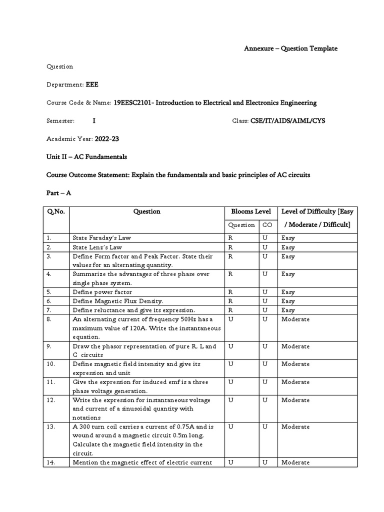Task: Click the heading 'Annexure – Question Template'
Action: coord(290,48)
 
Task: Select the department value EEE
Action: coord(92,84)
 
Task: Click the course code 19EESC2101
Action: coord(132,102)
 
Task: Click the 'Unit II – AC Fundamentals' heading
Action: coord(86,157)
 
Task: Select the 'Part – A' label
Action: coord(59,193)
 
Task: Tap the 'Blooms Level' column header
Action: coord(248,211)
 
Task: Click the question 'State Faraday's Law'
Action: coord(102,237)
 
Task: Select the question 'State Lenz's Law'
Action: coord(97,247)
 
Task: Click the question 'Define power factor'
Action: coord(102,291)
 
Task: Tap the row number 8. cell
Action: coord(50,319)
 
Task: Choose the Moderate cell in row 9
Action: coord(295,346)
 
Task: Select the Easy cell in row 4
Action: coord(288,274)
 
